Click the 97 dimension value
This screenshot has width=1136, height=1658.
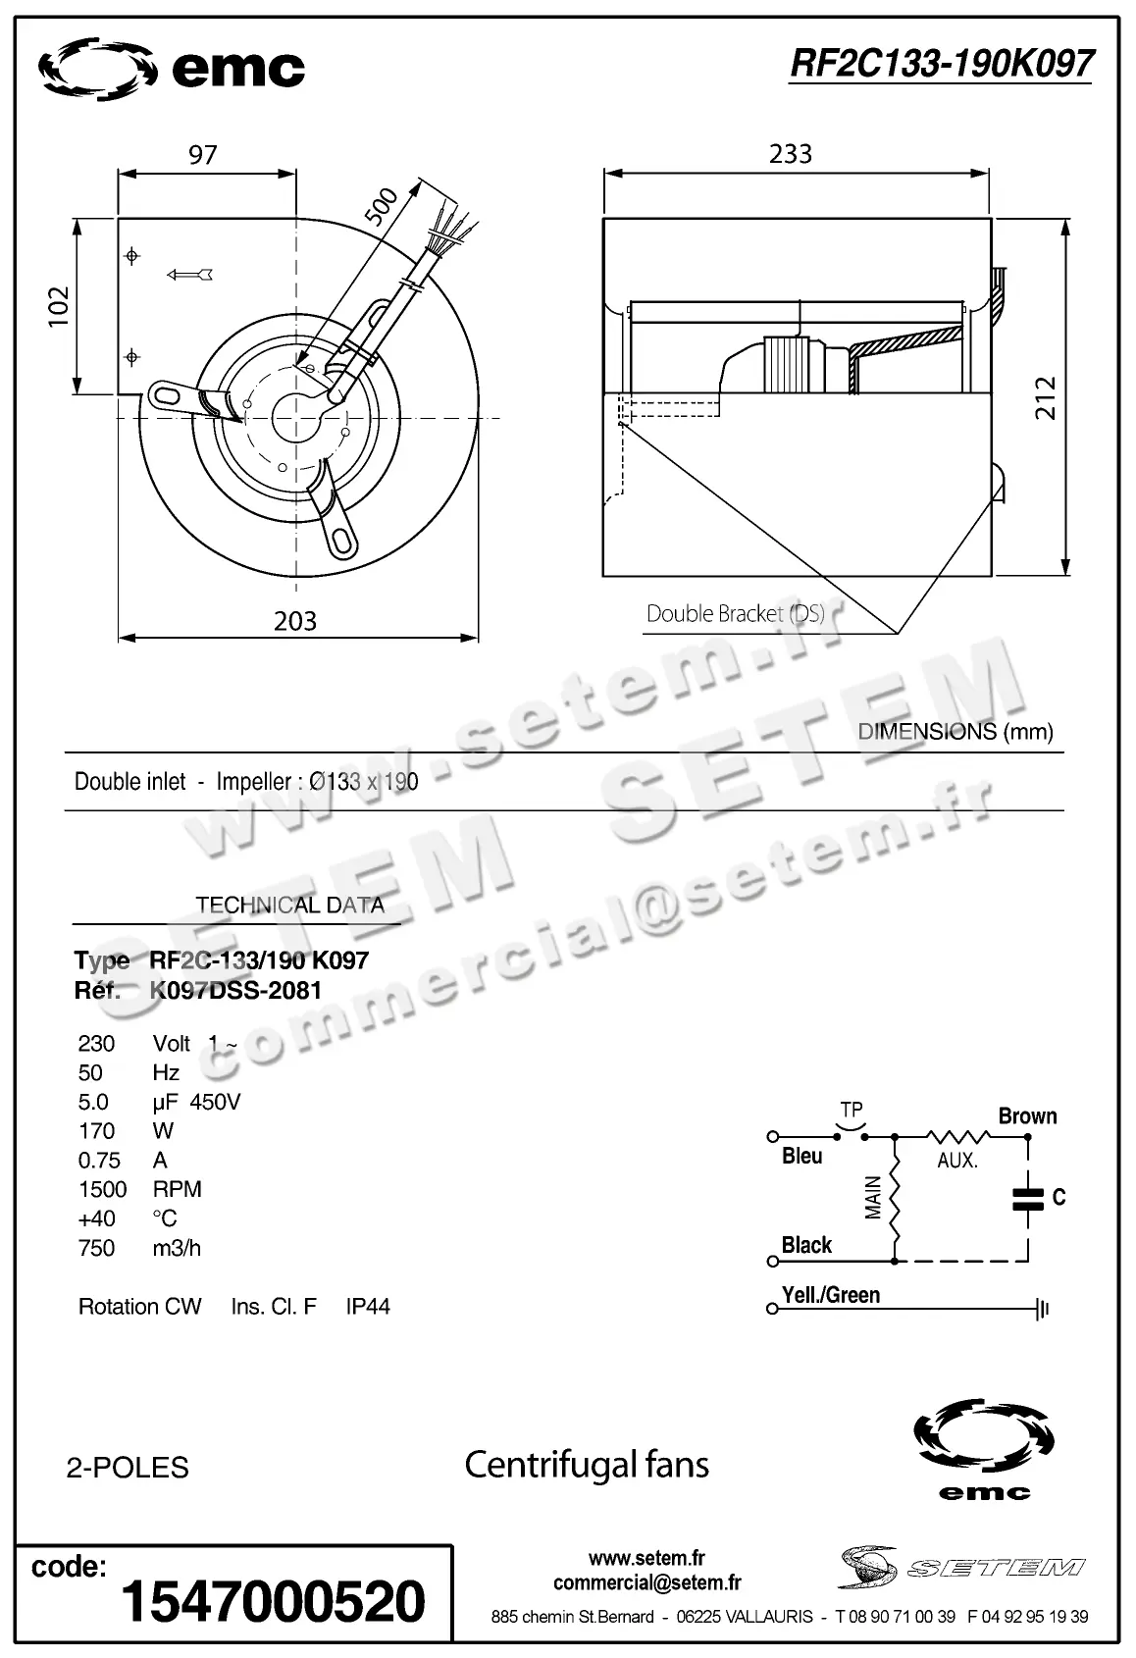coord(203,155)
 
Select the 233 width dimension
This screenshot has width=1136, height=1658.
coord(791,154)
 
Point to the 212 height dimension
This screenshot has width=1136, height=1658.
coord(1046,397)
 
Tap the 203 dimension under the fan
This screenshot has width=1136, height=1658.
coord(295,621)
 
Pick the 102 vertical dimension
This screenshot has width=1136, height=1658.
coord(60,306)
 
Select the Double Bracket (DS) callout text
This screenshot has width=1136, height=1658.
coord(735,614)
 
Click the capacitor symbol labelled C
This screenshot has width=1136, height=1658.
coord(1028,1198)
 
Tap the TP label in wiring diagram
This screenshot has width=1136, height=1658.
coord(851,1111)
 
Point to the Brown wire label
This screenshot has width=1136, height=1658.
coord(1027,1116)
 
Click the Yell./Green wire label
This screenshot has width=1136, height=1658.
coord(830,1295)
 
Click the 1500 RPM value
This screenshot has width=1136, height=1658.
coord(102,1190)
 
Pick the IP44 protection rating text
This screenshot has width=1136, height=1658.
coord(368,1307)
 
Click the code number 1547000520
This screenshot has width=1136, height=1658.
coord(273,1601)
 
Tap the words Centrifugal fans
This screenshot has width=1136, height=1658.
coord(586,1465)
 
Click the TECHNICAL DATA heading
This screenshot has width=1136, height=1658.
coord(289,906)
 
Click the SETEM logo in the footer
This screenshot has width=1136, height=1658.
coord(961,1567)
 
